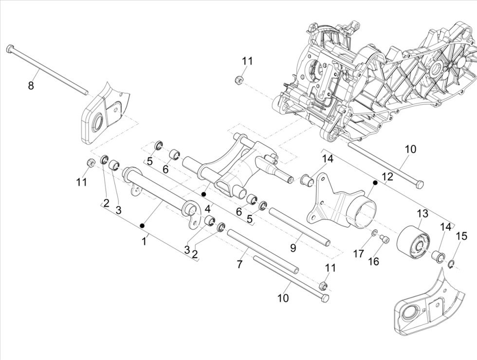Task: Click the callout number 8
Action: coord(31,86)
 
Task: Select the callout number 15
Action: coord(461,236)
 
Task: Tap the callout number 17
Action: coord(358,253)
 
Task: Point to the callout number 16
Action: coord(373,261)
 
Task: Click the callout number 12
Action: coord(387,177)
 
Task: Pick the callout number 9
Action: coord(293,247)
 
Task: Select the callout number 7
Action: coord(239,264)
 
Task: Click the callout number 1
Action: coord(144,241)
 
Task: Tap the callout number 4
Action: coord(207,208)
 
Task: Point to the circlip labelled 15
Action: coord(452,265)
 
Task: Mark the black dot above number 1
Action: coord(142,225)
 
